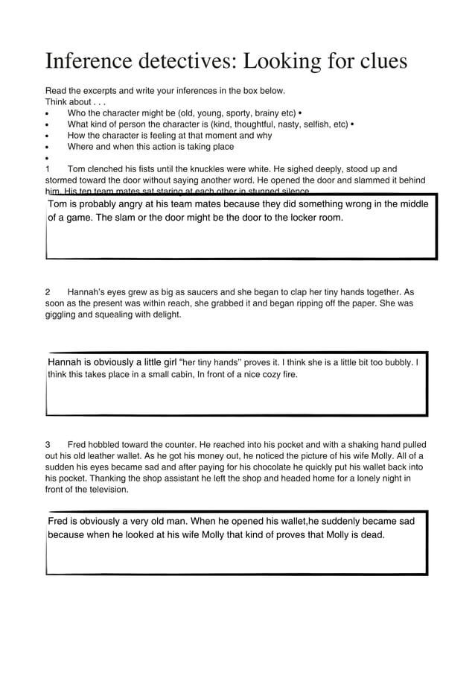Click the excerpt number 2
[x=48, y=292]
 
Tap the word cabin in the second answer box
[x=156, y=375]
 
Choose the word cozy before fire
[x=261, y=375]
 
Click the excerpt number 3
[x=48, y=445]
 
